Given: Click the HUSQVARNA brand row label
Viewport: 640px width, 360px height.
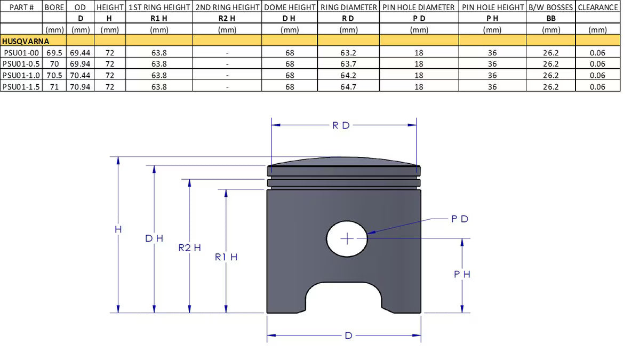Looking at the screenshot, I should pyautogui.click(x=26, y=41).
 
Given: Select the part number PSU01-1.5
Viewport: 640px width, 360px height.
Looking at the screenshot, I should pyautogui.click(x=21, y=87).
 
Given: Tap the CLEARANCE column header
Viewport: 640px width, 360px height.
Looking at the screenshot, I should pyautogui.click(x=598, y=7).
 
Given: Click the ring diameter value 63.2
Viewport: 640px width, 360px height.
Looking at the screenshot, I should pyautogui.click(x=348, y=52).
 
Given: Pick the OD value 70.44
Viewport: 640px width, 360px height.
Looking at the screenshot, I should pyautogui.click(x=81, y=75).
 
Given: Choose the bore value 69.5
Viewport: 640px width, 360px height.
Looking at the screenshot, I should pyautogui.click(x=54, y=52).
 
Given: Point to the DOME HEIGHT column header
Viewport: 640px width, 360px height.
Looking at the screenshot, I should pyautogui.click(x=289, y=7).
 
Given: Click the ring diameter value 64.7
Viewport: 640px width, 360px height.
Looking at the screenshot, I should pyautogui.click(x=348, y=87).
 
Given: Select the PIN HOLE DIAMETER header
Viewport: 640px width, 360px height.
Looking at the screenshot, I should pyautogui.click(x=419, y=7).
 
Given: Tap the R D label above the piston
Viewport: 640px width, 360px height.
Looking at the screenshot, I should pyautogui.click(x=341, y=126).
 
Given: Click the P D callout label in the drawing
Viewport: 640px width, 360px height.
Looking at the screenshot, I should pyautogui.click(x=459, y=219).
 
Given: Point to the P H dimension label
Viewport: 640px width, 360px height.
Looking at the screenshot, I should pyautogui.click(x=462, y=274).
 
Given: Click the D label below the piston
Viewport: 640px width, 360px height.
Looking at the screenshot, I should pyautogui.click(x=348, y=335).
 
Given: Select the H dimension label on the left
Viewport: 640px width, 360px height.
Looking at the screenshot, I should pyautogui.click(x=118, y=229).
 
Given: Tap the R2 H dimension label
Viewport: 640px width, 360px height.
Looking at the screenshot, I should pyautogui.click(x=189, y=247).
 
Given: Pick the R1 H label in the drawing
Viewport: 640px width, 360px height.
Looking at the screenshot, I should pyautogui.click(x=226, y=257).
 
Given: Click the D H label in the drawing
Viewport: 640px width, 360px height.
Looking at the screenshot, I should pyautogui.click(x=154, y=238).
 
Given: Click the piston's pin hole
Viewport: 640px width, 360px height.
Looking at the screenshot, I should pyautogui.click(x=347, y=238).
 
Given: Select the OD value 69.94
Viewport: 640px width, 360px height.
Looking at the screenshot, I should pyautogui.click(x=81, y=64).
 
